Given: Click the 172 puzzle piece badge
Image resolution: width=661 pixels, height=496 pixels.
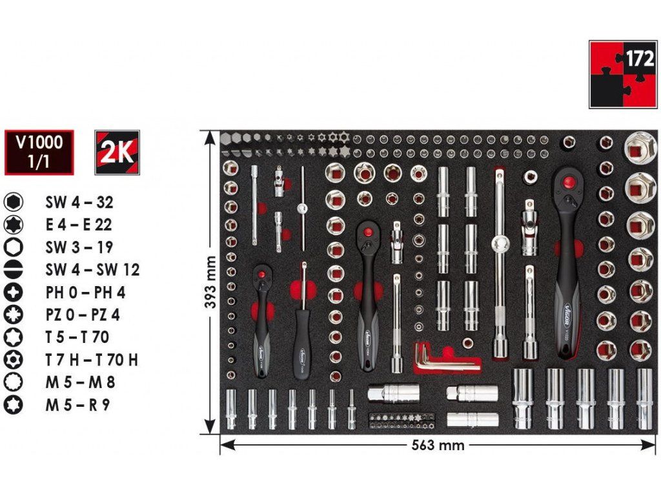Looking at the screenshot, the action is tap(622, 74).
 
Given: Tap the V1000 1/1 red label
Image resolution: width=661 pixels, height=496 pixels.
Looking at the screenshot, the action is tap(39, 152).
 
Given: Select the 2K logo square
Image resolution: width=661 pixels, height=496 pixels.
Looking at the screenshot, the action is tap(117, 152).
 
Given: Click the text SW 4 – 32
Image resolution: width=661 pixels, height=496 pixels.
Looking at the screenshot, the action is tap(79, 202).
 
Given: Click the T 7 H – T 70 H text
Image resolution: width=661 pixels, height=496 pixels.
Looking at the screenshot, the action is tap(91, 360).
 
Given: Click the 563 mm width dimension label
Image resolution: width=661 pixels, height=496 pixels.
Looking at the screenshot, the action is tap(438, 445).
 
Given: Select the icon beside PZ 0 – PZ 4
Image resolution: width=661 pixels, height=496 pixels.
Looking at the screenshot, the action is tap(14, 315).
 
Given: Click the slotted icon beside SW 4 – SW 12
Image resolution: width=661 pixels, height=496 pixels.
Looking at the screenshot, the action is tap(14, 270).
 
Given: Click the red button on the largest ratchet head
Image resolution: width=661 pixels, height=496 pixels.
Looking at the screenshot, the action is tap(568, 183).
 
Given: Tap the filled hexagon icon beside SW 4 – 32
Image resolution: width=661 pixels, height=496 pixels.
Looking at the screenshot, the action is tap(14, 202).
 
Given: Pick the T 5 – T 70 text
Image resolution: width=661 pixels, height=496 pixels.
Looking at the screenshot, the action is tap(77, 337).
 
